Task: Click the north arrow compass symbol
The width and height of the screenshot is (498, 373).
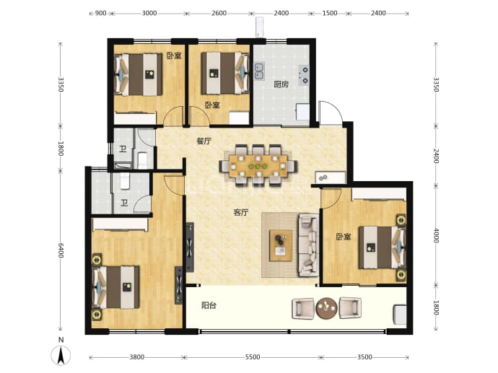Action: click(61, 354)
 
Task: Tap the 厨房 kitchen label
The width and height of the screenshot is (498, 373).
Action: click(281, 84)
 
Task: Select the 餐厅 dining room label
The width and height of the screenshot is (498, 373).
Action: click(204, 141)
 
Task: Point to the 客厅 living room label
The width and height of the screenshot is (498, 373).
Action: click(241, 212)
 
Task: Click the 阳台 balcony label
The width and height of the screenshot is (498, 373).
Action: click(209, 305)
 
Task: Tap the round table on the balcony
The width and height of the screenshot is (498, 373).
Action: click(326, 308)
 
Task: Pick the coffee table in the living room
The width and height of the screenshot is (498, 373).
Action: click(281, 246)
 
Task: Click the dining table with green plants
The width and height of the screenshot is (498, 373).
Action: click(258, 166)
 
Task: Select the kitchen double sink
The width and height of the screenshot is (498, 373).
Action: click(259, 71)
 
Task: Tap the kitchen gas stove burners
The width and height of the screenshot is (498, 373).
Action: click(304, 75)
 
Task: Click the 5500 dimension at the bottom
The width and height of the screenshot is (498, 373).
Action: click(253, 357)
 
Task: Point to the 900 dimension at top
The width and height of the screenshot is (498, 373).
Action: click(100, 13)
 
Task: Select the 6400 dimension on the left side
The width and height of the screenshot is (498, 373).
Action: click(61, 251)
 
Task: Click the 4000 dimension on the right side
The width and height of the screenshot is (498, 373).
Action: click(436, 235)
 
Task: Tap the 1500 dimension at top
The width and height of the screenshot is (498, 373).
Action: click(330, 13)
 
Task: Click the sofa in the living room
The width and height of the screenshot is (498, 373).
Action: click(309, 245)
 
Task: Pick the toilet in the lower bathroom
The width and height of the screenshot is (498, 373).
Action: click(125, 181)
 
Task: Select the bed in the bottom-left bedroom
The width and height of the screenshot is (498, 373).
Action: click(116, 287)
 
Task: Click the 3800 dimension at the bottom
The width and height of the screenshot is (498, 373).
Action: click(136, 357)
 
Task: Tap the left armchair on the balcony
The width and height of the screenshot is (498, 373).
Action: click(302, 308)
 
